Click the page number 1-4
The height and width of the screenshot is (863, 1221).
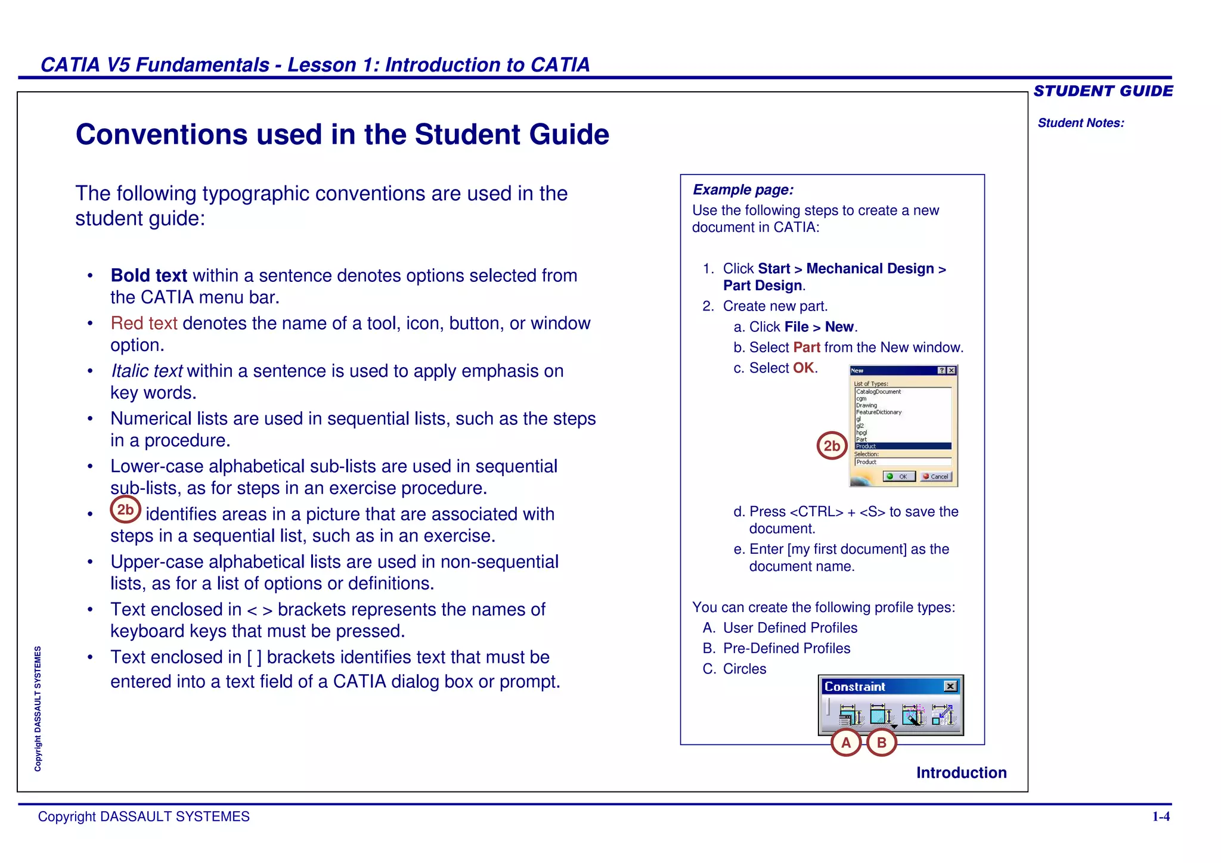click(1160, 817)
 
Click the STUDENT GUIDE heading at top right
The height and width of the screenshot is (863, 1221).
click(1103, 91)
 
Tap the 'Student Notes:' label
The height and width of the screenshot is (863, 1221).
click(1080, 123)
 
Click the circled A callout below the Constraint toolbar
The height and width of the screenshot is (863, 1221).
click(846, 743)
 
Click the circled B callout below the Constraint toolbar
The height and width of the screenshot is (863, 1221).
click(881, 743)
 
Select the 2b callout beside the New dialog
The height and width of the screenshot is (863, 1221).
click(832, 445)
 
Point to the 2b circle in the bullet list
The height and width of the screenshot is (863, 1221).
click(125, 510)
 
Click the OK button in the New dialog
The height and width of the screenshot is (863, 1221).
click(899, 476)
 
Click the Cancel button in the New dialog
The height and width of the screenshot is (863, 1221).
click(936, 476)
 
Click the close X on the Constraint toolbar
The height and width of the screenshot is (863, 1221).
click(950, 686)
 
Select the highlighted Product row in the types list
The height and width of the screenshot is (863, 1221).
click(902, 446)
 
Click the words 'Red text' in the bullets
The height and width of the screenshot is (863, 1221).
click(144, 323)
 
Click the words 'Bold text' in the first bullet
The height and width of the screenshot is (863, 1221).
click(149, 275)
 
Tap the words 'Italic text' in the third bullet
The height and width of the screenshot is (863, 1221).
click(147, 371)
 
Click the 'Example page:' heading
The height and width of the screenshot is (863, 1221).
click(743, 190)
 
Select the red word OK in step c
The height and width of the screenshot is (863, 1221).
click(803, 368)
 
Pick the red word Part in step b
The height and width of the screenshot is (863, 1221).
click(806, 347)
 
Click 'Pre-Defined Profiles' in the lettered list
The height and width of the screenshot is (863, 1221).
click(786, 648)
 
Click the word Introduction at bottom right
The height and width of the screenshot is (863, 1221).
click(961, 772)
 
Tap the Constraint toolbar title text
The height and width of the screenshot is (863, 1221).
click(854, 687)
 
